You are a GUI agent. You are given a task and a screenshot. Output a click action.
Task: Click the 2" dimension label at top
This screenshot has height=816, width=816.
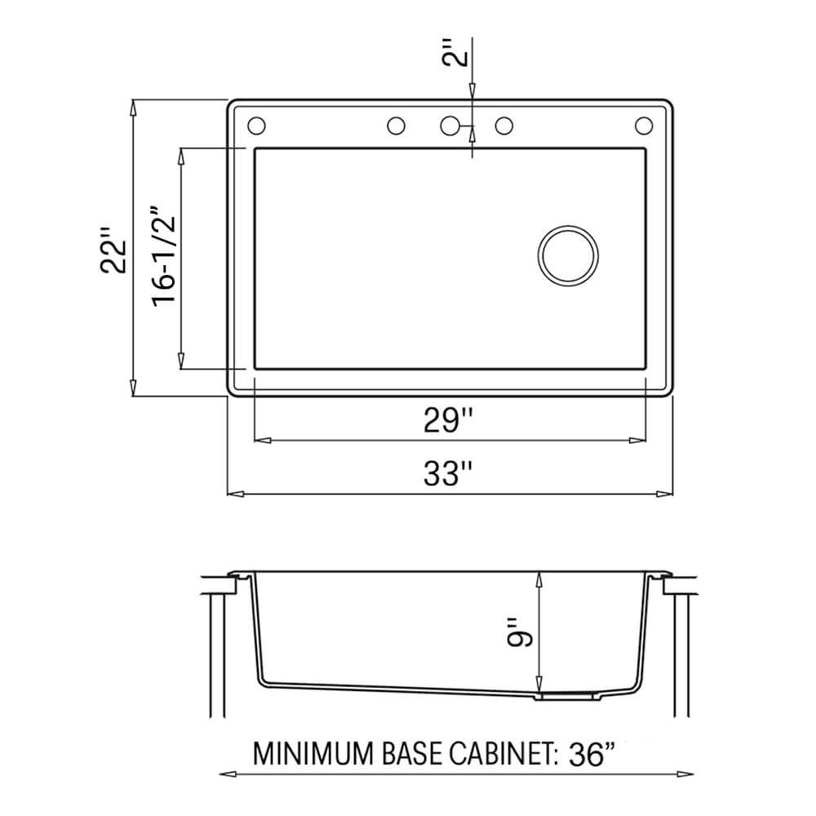[x=461, y=59]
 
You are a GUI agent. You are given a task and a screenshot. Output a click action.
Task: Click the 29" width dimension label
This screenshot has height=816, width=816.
[x=448, y=421]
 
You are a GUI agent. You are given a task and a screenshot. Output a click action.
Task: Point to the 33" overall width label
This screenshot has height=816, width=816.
[x=448, y=474]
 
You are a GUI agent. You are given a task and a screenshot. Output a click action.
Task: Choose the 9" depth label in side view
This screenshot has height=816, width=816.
[x=518, y=630]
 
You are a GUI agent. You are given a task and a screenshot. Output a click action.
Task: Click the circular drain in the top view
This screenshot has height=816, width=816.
[x=568, y=255]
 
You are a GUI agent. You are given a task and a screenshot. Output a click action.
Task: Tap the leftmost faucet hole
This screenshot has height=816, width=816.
[x=255, y=126]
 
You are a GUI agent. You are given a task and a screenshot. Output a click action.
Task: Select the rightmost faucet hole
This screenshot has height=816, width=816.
[x=644, y=126]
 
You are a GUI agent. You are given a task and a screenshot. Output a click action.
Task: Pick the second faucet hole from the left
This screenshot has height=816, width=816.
[x=396, y=126]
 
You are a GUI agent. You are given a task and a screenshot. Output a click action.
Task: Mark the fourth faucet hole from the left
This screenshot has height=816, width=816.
[x=504, y=126]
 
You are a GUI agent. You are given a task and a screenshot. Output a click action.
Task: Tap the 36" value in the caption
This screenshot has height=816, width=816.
[x=588, y=753]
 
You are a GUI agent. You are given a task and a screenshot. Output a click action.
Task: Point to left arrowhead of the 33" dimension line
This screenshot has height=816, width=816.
[x=231, y=494]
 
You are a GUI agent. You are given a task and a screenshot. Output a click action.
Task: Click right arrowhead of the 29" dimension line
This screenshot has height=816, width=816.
[x=641, y=441]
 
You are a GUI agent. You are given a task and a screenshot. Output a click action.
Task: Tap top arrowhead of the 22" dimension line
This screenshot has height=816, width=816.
[x=133, y=104]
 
